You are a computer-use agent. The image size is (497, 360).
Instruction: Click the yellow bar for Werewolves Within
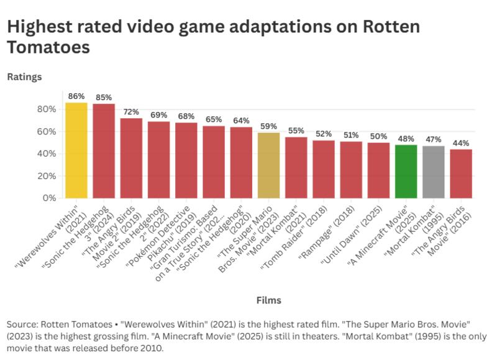coord(76,150)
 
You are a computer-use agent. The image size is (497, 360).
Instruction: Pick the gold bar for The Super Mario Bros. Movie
coord(268,165)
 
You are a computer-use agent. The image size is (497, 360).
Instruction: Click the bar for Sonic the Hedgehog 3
coord(104,151)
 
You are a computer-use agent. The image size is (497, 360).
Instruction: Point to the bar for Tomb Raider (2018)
coord(323,169)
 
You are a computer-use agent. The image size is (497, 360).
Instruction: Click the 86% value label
coord(76,96)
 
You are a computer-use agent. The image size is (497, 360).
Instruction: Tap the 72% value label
coord(131,112)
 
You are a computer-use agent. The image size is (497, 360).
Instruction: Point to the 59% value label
coord(268,126)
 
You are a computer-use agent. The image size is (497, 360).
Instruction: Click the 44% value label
coord(461,143)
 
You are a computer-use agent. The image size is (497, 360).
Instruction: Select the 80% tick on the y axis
coord(47,109)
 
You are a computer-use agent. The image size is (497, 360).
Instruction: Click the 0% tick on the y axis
coord(49,198)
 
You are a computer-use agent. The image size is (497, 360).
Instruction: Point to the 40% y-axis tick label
coord(47,154)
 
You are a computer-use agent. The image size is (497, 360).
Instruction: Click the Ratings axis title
coord(24,77)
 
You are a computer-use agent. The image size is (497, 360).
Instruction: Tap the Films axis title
coord(268,300)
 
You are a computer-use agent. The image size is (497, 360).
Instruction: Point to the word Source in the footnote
coord(21,325)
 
